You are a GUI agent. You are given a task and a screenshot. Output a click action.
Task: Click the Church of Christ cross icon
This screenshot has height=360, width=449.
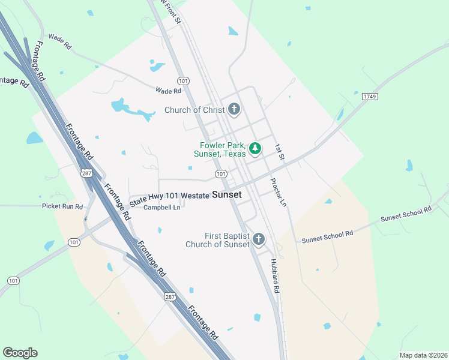(234, 109)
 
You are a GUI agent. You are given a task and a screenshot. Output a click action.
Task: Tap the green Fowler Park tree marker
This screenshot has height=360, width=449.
(255, 148)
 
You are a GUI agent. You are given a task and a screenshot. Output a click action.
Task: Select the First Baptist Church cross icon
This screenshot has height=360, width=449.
(259, 239)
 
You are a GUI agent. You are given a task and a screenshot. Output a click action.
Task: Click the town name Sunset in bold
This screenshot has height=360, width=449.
(227, 195)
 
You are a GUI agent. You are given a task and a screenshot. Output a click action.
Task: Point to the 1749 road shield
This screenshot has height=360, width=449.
(369, 96)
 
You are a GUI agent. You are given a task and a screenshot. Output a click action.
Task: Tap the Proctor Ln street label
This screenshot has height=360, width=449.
(278, 192)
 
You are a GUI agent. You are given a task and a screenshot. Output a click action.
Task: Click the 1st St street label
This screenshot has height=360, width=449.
(279, 152)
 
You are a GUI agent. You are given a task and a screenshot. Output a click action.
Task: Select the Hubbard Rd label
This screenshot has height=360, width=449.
(276, 276)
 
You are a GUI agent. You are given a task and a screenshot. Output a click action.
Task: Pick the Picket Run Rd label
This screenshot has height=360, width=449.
(62, 206)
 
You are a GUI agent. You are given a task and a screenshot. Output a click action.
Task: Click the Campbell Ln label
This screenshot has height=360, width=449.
(161, 208)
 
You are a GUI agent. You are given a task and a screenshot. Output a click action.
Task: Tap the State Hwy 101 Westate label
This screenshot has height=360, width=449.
(170, 196)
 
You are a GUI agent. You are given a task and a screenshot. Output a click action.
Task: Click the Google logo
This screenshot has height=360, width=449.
(20, 352)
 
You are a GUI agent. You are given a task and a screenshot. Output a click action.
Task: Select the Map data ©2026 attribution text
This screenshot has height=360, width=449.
(423, 355)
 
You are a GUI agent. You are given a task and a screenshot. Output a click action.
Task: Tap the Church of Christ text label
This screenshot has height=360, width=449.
(194, 110)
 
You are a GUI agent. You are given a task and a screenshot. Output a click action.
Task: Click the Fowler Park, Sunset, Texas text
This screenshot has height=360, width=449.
(220, 149)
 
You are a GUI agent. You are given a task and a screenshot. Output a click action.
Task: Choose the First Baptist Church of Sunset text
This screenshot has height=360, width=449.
(217, 239)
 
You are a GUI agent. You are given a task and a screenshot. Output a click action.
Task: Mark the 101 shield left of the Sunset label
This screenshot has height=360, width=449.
(221, 174)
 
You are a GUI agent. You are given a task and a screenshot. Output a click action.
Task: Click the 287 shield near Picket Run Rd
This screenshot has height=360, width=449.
(86, 173)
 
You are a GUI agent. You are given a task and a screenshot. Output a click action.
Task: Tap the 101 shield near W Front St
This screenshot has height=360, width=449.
(183, 80)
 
